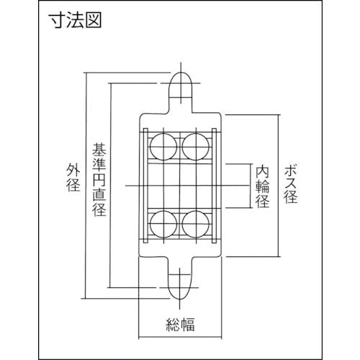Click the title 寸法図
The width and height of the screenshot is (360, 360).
click(x=76, y=20)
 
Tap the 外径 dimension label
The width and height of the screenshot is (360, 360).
click(x=73, y=177)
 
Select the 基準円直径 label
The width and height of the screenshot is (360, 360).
click(x=99, y=179)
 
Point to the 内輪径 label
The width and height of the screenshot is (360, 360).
click(x=262, y=186)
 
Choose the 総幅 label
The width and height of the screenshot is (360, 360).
click(x=180, y=325)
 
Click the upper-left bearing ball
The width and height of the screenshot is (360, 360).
click(x=163, y=146)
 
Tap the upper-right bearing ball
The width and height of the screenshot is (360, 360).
click(x=196, y=146)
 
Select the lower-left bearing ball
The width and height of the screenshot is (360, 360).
click(x=163, y=224)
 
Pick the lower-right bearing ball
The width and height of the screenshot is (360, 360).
click(x=196, y=224)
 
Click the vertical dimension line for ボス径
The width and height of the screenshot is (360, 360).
click(x=279, y=186)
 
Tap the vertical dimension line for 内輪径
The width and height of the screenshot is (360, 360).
click(x=251, y=186)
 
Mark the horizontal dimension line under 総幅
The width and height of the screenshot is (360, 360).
click(x=180, y=338)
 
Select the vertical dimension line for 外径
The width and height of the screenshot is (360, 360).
click(x=86, y=185)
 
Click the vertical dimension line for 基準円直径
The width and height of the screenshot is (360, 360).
click(x=110, y=185)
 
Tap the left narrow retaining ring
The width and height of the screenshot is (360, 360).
click(x=145, y=186)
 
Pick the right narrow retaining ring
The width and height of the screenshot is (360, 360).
click(x=214, y=186)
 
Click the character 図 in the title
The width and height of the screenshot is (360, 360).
click(x=94, y=20)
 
